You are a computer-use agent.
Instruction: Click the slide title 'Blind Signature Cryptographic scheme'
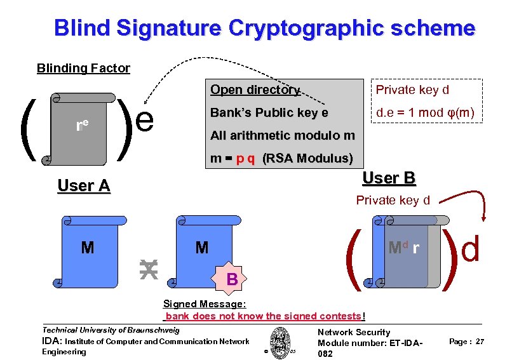click(x=264, y=29)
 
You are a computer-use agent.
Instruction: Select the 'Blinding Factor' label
click(x=83, y=68)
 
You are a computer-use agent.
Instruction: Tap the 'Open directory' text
click(x=255, y=90)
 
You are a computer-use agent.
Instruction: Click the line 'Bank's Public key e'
click(x=269, y=113)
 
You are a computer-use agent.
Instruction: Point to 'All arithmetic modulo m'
click(x=283, y=135)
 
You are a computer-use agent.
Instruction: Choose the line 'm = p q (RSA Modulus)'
click(x=281, y=158)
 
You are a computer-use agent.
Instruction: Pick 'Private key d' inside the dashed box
click(x=412, y=90)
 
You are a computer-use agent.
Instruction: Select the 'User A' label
click(x=83, y=186)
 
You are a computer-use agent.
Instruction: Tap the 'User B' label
click(x=389, y=178)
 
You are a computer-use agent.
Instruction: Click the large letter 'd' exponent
click(x=471, y=250)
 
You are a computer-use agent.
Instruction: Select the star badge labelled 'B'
click(x=232, y=278)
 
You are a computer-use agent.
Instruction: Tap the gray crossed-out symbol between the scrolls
click(x=148, y=269)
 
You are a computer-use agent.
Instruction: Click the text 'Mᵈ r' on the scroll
click(x=403, y=247)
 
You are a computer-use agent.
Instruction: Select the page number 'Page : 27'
click(x=466, y=342)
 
